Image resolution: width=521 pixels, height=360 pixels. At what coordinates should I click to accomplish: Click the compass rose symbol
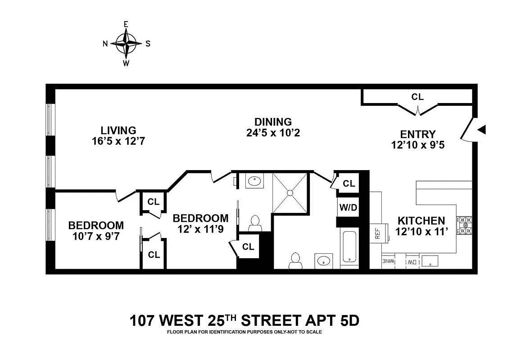(x=126, y=43)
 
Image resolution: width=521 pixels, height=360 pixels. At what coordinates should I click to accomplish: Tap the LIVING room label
(x=118, y=130)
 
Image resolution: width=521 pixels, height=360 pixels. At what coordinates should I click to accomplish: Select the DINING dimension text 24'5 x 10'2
(x=273, y=133)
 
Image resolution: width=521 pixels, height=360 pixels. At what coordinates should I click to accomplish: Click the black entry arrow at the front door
(x=482, y=130)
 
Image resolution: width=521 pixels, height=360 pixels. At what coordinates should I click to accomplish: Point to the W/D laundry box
(x=348, y=207)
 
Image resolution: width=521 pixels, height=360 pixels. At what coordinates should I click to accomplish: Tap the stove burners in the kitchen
(x=464, y=226)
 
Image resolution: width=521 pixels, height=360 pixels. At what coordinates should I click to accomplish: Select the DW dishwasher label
(x=412, y=262)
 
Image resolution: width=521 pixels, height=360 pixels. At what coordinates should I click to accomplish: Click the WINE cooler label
(x=388, y=261)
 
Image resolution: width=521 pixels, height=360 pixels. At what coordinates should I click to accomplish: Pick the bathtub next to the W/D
(x=349, y=246)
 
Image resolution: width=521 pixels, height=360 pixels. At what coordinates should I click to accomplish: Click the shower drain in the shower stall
(x=290, y=193)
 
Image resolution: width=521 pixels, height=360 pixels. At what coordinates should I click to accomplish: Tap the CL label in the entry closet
(x=418, y=97)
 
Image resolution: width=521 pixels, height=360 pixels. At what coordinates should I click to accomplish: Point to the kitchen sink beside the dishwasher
(x=430, y=261)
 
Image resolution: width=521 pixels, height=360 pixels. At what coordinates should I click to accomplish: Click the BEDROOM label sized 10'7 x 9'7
(x=96, y=225)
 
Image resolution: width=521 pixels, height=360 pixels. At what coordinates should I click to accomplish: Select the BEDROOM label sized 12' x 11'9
(x=201, y=218)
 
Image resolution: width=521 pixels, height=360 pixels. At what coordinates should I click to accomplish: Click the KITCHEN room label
(x=421, y=221)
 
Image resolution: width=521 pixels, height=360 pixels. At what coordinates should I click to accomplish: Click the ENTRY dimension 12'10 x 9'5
(x=418, y=145)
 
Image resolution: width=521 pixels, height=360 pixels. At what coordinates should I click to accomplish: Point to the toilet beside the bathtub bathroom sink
(x=294, y=261)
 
